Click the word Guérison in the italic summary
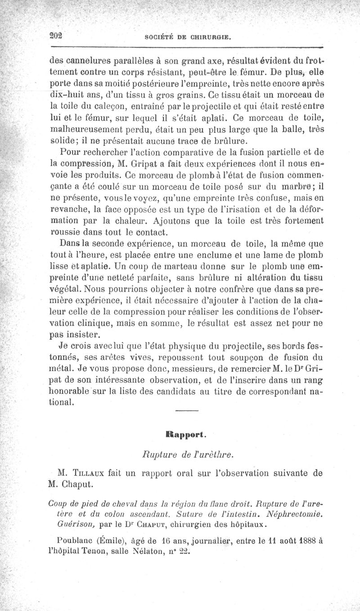74,525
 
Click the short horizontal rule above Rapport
186,410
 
